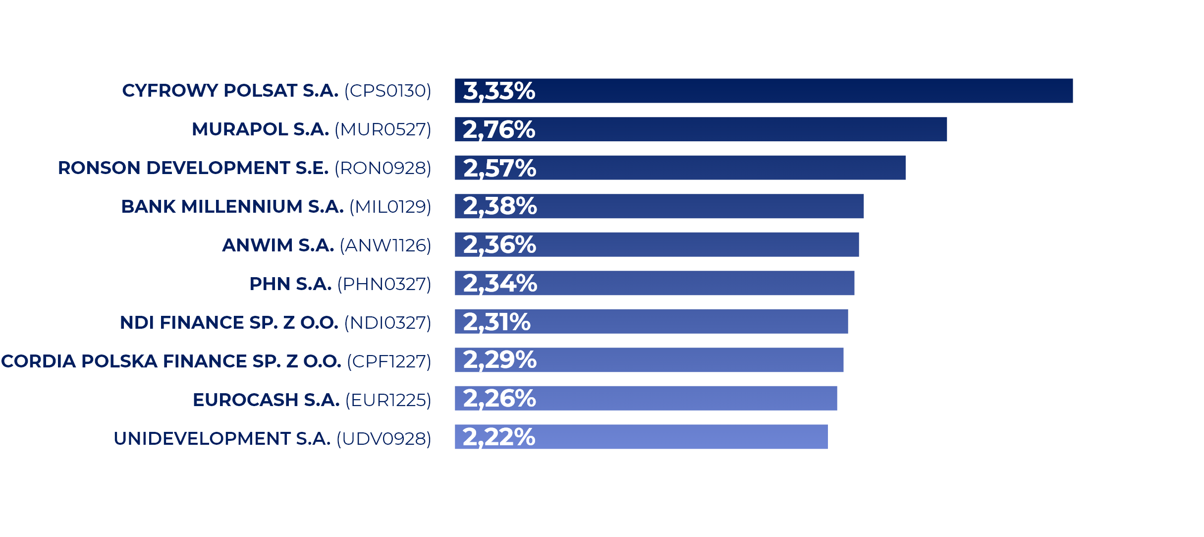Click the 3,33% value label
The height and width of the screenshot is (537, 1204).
pyautogui.click(x=499, y=91)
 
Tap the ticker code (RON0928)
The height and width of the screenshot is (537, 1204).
pyautogui.click(x=383, y=168)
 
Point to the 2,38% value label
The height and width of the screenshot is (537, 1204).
pyautogui.click(x=499, y=206)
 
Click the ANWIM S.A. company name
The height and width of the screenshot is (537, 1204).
pyautogui.click(x=278, y=245)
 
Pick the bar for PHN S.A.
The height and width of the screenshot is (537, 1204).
pyautogui.click(x=694, y=283)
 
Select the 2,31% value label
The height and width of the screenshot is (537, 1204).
pyautogui.click(x=496, y=322)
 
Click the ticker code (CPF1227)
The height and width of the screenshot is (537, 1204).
pyautogui.click(x=389, y=361)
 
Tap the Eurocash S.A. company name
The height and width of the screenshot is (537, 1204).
pyautogui.click(x=266, y=400)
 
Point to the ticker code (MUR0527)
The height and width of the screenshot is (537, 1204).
pyautogui.click(x=383, y=129)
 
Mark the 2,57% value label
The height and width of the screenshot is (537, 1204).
pyautogui.click(x=499, y=168)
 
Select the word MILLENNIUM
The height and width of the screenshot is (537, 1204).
pyautogui.click(x=242, y=207)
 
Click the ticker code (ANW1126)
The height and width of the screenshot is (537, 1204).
pyautogui.click(x=385, y=245)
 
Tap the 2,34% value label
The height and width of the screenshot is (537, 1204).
pyautogui.click(x=499, y=284)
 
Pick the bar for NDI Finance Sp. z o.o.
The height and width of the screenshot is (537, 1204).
pyautogui.click(x=694, y=321)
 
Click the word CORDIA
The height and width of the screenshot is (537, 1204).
pyautogui.click(x=39, y=361)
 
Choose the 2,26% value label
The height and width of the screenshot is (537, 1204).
pyautogui.click(x=499, y=399)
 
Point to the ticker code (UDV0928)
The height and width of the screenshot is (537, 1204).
pyautogui.click(x=384, y=439)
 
